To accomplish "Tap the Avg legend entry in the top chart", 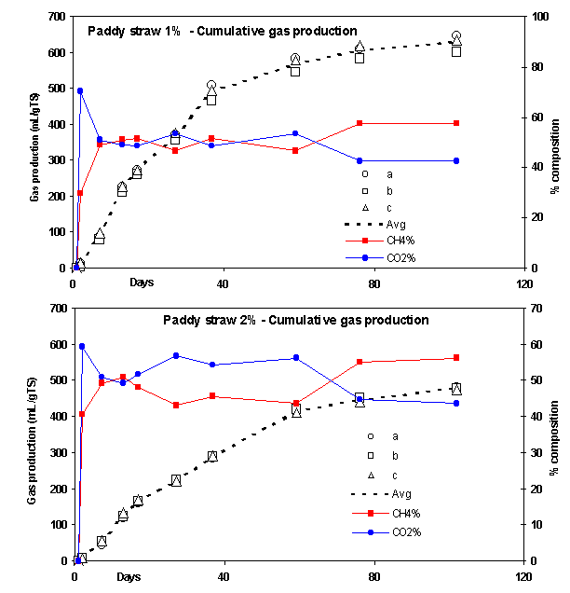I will click(x=382, y=224).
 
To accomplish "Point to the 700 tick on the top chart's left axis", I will click(x=57, y=17).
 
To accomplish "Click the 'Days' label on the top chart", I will click(x=142, y=282).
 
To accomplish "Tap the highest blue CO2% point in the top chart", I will click(x=80, y=90).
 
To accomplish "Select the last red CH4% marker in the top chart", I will click(x=456, y=123).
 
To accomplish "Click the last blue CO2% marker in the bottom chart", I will click(x=456, y=403).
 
